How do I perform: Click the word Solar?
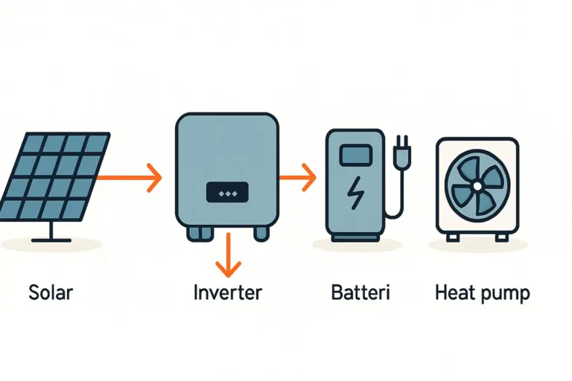pyautogui.click(x=51, y=292)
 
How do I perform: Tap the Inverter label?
pyautogui.click(x=227, y=292)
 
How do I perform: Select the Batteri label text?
pyautogui.click(x=360, y=292)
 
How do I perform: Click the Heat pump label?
pyautogui.click(x=482, y=292)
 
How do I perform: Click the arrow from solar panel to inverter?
pyautogui.click(x=130, y=177)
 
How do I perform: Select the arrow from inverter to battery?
pyautogui.click(x=297, y=177)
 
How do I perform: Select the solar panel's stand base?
pyautogui.click(x=52, y=240)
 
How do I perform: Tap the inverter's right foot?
pyautogui.click(x=261, y=233)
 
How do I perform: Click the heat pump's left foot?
pyautogui.click(x=452, y=237)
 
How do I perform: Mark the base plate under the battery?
pyautogui.click(x=357, y=238)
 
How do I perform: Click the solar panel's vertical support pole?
pyautogui.click(x=52, y=228)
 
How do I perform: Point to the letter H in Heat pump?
pyautogui.click(x=441, y=292)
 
